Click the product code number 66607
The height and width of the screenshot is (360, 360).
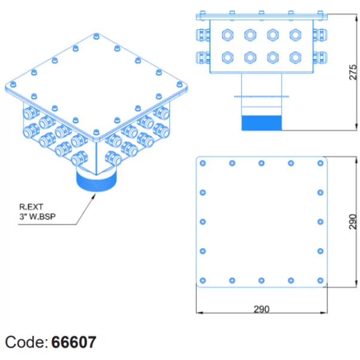click(73, 342)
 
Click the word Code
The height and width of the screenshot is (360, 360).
click(26, 342)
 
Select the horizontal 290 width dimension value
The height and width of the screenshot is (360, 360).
click(261, 309)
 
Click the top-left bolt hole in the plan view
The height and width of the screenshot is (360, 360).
click(203, 163)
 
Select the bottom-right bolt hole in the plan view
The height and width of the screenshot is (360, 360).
click(321, 280)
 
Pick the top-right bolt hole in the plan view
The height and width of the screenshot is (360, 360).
click(321, 163)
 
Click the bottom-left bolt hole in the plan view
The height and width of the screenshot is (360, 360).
click(203, 280)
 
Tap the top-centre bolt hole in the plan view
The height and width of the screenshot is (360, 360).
click(261, 163)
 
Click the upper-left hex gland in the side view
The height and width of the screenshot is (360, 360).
click(227, 35)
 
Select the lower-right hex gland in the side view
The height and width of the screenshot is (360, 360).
click(295, 57)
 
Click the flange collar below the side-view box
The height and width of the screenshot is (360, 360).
click(261, 96)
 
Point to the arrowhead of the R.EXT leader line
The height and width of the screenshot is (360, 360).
click(94, 193)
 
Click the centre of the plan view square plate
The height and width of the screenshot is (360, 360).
click(261, 221)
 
